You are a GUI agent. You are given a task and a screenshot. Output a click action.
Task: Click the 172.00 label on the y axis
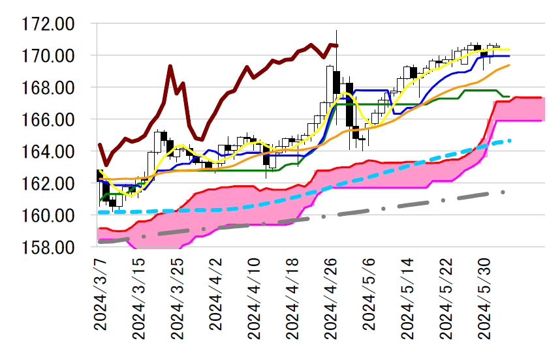[48, 25]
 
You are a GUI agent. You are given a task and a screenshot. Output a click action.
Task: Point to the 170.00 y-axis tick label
[48, 56]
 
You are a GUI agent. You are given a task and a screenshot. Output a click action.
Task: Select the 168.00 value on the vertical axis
[48, 88]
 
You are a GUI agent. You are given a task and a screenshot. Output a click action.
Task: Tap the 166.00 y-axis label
[48, 120]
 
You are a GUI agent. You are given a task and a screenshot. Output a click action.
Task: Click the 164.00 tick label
[48, 152]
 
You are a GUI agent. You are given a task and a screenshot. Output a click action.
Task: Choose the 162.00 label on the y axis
[48, 184]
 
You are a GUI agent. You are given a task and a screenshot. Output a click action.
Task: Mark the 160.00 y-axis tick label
[48, 216]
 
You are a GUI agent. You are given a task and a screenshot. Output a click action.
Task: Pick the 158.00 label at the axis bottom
[48, 248]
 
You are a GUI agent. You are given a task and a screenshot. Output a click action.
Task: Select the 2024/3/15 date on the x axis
[138, 299]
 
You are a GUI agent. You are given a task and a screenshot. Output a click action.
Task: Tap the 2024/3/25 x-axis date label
[177, 299]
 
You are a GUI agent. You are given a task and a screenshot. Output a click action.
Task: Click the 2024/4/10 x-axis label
[254, 299]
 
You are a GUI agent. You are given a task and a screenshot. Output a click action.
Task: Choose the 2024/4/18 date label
[292, 299]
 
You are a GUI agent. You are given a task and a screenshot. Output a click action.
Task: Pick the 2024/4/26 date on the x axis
[330, 299]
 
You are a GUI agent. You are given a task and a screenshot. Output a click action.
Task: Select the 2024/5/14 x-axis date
[407, 299]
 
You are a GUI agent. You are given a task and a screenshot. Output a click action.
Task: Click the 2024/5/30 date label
[484, 299]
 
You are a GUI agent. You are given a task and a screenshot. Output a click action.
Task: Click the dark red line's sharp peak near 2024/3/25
[170, 66]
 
